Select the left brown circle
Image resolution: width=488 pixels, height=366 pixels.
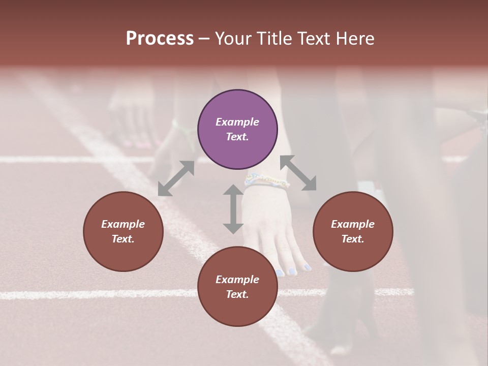click(x=123, y=231)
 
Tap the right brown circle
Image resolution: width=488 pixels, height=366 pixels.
click(x=353, y=231)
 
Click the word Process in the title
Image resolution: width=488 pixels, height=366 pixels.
click(x=160, y=39)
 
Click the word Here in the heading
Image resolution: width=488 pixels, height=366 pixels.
click(x=355, y=39)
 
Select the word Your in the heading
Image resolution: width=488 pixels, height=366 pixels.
click(x=233, y=39)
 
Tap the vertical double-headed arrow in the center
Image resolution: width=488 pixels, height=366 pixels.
click(x=233, y=209)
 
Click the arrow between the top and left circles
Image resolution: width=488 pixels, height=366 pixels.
click(x=176, y=178)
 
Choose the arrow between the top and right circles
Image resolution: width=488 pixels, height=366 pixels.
click(x=298, y=173)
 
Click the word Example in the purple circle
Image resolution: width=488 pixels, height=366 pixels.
click(x=237, y=122)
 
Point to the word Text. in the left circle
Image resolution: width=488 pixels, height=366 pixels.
click(x=123, y=239)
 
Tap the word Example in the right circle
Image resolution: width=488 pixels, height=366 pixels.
click(x=353, y=224)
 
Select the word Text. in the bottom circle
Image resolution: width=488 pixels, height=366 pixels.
click(x=237, y=294)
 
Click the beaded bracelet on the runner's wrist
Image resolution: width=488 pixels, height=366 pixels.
click(x=266, y=181)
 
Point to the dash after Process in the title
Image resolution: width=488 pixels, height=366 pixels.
click(x=204, y=39)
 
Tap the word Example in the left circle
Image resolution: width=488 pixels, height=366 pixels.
click(x=123, y=224)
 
